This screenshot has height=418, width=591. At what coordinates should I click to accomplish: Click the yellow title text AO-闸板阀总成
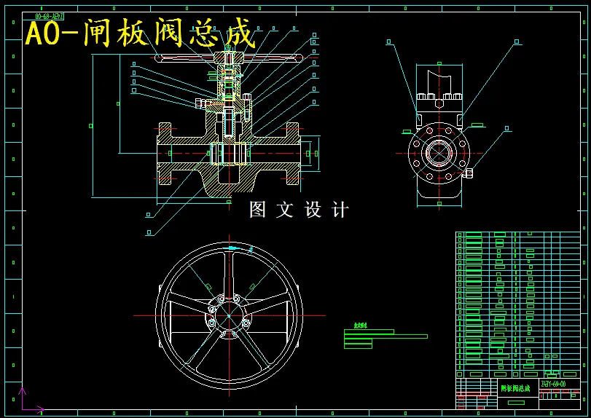pos(140,33)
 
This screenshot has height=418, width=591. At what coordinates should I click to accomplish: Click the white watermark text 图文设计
pos(299,210)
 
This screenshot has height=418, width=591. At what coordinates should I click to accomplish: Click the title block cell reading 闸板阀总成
pos(517,388)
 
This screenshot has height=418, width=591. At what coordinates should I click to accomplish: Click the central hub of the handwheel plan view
pos(229,315)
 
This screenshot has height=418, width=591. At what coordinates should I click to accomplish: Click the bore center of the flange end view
pos(439,153)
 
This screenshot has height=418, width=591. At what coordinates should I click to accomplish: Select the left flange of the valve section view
pos(165,153)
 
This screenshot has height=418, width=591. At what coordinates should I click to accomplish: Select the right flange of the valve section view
pos(291,153)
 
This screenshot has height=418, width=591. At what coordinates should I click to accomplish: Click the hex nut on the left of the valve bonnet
pos(200,103)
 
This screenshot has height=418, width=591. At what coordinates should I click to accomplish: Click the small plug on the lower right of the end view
pos(469,173)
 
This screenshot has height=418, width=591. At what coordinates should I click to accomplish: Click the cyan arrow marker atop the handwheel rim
pos(232,248)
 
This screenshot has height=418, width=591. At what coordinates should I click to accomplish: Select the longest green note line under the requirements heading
pos(385,336)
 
